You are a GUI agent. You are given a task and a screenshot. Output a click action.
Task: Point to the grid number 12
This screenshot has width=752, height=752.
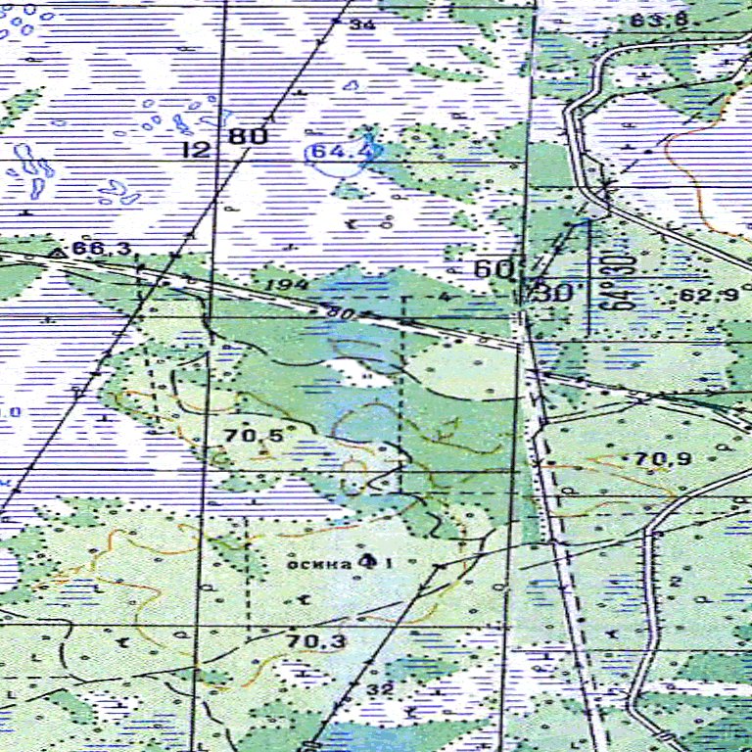point(197,149)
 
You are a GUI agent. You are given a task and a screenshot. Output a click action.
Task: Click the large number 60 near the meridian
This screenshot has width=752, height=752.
point(493,269)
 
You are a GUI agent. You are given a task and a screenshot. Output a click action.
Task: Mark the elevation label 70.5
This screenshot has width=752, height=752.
point(247,435)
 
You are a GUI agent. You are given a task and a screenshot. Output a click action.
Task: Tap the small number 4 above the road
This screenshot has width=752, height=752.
point(444,296)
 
